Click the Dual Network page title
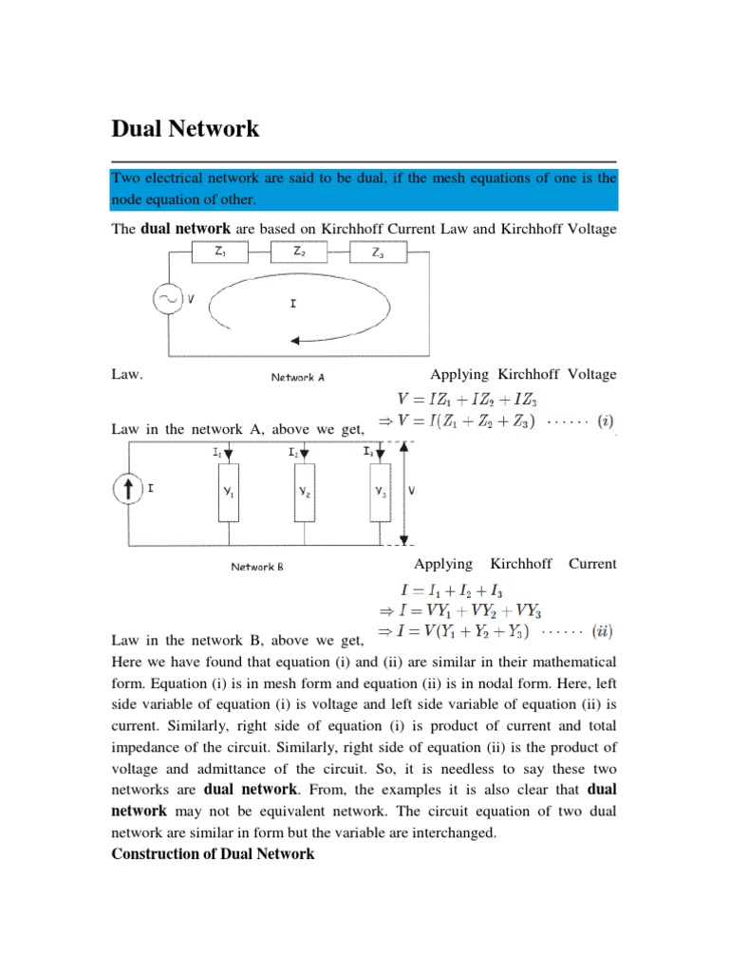tap(185, 129)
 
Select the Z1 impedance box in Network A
tap(221, 253)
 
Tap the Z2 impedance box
tap(299, 253)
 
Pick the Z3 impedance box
tap(379, 253)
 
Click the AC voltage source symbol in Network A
tap(168, 301)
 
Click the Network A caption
tap(297, 377)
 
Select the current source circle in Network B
tap(127, 490)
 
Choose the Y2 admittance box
tap(303, 494)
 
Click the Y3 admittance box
tap(379, 494)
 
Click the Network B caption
tap(257, 567)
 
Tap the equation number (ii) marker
tap(601, 629)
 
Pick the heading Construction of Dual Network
tap(213, 853)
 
